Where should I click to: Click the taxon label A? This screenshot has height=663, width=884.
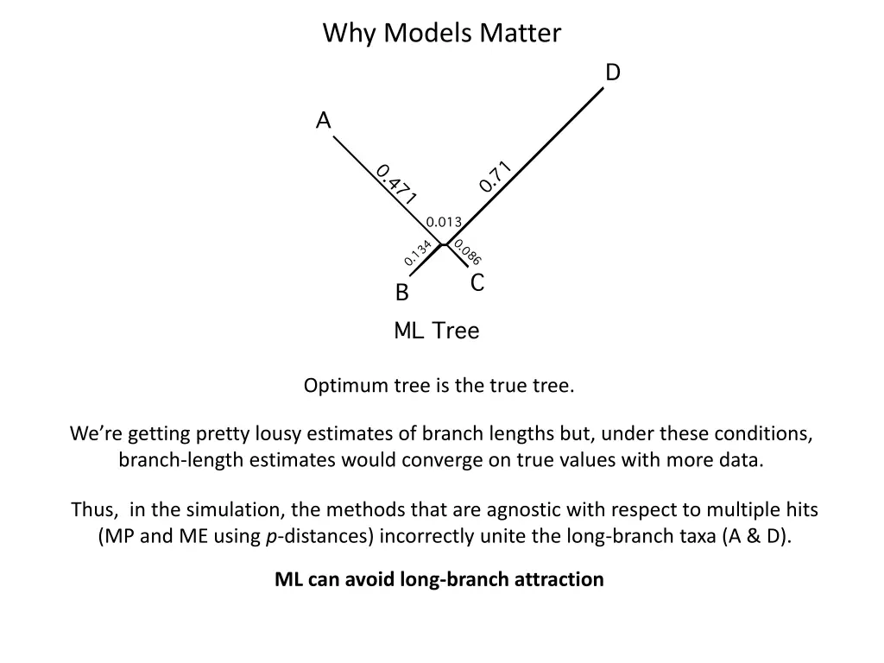(x=324, y=120)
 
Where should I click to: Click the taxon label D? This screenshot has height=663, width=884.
(x=612, y=73)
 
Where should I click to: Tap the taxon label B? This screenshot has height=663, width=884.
(x=401, y=294)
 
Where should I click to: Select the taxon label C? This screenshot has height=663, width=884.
(x=477, y=283)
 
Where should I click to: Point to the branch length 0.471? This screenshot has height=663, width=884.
(x=396, y=184)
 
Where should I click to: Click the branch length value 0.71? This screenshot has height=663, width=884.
(x=496, y=177)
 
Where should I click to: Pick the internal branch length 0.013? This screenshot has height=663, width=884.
(x=445, y=222)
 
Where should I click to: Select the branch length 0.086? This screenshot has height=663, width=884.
(x=467, y=252)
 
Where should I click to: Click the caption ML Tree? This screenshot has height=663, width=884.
(x=436, y=331)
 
